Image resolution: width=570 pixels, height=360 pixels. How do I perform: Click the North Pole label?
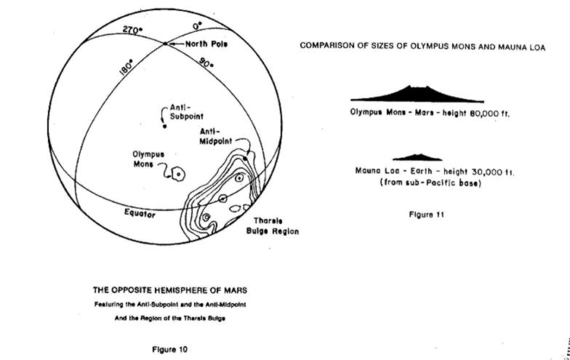pyautogui.click(x=206, y=44)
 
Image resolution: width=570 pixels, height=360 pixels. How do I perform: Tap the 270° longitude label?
pyautogui.click(x=132, y=30)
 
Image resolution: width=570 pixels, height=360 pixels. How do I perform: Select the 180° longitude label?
pyautogui.click(x=127, y=68)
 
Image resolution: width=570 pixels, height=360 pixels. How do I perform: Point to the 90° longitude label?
pyautogui.click(x=206, y=63)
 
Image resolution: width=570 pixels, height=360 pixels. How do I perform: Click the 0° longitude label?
pyautogui.click(x=198, y=26)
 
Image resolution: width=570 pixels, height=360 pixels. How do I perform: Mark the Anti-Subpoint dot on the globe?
pyautogui.click(x=164, y=127)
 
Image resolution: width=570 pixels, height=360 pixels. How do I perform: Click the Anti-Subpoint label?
pyautogui.click(x=186, y=112)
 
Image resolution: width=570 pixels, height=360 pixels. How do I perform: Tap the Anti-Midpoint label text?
pyautogui.click(x=215, y=137)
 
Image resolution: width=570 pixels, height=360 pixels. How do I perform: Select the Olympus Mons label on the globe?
pyautogui.click(x=148, y=159)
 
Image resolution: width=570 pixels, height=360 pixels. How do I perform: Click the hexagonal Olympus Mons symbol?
pyautogui.click(x=178, y=175)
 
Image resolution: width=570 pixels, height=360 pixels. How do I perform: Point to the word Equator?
pyautogui.click(x=140, y=213)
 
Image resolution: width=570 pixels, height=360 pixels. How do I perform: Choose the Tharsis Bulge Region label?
pyautogui.click(x=272, y=225)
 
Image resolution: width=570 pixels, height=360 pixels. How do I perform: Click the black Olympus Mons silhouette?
pyautogui.click(x=417, y=95)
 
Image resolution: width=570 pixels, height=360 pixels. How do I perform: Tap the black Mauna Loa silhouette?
pyautogui.click(x=417, y=157)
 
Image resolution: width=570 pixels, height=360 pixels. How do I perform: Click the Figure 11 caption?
pyautogui.click(x=426, y=215)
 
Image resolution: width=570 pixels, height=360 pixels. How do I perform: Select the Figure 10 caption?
pyautogui.click(x=170, y=350)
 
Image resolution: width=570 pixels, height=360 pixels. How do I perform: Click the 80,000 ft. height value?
pyautogui.click(x=490, y=113)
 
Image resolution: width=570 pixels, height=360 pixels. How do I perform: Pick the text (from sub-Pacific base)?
pyautogui.click(x=430, y=183)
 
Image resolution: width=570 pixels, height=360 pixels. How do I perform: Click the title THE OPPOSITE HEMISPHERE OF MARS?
pyautogui.click(x=170, y=290)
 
